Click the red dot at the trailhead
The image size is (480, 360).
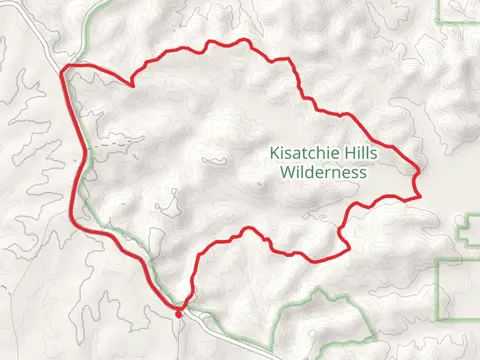pyautogui.click(x=179, y=313)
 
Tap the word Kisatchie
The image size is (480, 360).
pyautogui.click(x=302, y=154)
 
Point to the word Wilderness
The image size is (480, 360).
pyautogui.click(x=323, y=172)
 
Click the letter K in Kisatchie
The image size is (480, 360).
pyautogui.click(x=273, y=154)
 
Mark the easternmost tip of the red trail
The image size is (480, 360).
pyautogui.click(x=418, y=176)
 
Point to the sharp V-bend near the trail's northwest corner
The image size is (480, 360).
pyautogui.click(x=133, y=86)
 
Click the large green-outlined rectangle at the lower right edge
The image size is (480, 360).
pyautogui.click(x=460, y=300)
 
